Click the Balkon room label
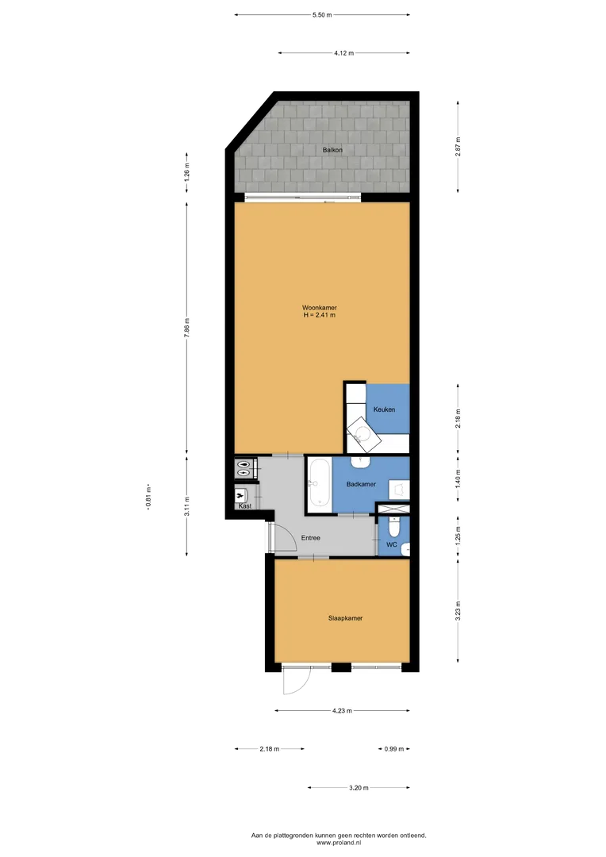point(332,150)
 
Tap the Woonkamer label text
point(320,308)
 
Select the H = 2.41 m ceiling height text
point(320,315)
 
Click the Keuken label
point(384,409)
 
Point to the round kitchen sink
point(361,435)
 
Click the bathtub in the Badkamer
point(319,484)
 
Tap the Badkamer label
point(361,484)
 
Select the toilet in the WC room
point(394,527)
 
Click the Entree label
point(310,538)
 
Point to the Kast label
point(245,506)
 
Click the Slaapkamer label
point(345,618)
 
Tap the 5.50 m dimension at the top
point(322,15)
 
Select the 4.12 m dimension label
point(343,53)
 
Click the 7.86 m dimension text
point(187,328)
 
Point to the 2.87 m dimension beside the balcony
point(458,147)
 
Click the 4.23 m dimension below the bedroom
point(342,711)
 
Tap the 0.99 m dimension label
point(394,749)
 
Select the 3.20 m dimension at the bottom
point(359,788)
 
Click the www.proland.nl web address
point(339,843)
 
